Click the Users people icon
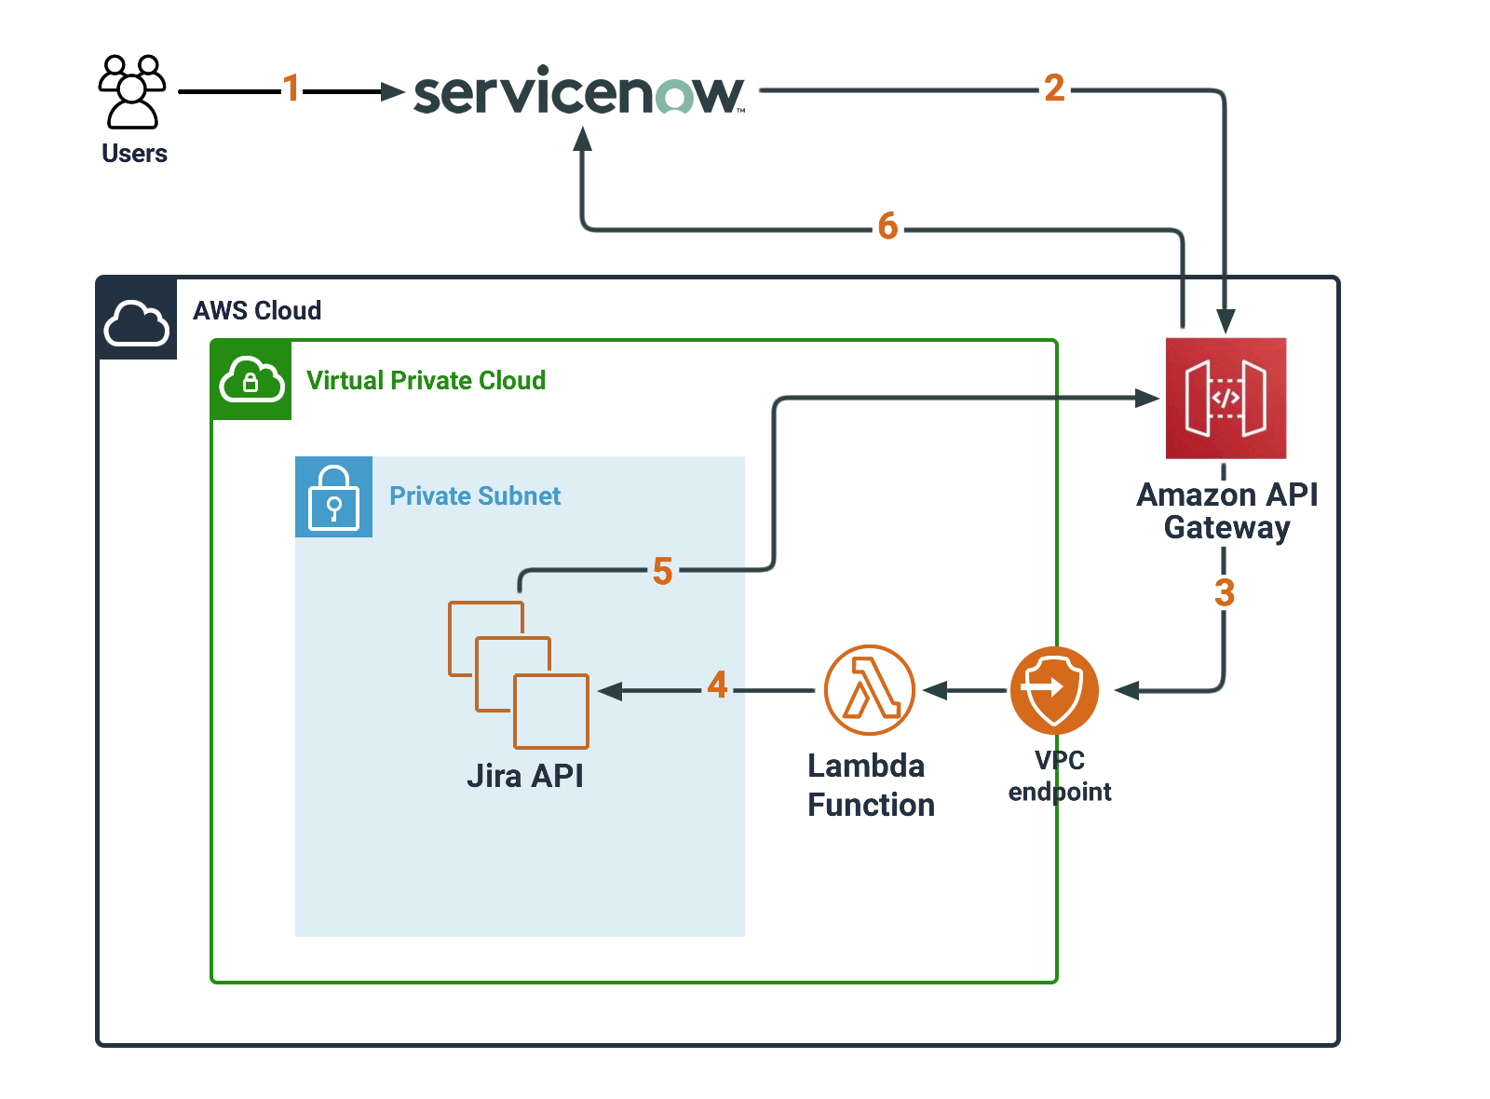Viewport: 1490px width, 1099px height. coord(132,91)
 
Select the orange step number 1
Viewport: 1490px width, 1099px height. coord(291,88)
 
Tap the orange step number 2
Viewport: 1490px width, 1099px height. coord(1054,88)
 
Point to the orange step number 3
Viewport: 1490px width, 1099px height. coord(1225,593)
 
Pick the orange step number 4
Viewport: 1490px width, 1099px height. coord(717,685)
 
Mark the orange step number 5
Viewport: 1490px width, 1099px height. coord(662,571)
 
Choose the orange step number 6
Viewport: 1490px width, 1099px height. coord(887,226)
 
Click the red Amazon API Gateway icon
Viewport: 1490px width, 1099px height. coord(1226,398)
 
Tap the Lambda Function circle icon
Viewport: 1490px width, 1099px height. coord(870,690)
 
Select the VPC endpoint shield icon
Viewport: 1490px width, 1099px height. coord(1054,690)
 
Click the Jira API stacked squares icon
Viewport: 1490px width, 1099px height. coord(519,675)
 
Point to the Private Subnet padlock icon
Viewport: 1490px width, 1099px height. coord(333,496)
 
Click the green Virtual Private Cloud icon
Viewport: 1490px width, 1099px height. coord(251,380)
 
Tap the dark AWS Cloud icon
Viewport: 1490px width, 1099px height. coord(137,319)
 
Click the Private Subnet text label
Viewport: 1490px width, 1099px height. coord(475,496)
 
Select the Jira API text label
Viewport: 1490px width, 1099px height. coord(525,776)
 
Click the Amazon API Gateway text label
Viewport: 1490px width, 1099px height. coord(1226,510)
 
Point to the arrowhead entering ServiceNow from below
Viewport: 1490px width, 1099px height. coord(583,140)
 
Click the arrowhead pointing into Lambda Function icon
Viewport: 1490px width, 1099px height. coord(934,690)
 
